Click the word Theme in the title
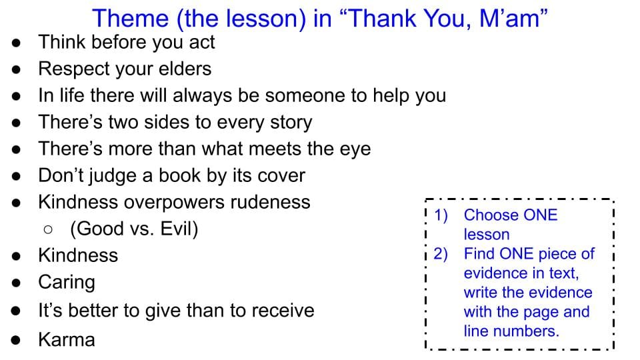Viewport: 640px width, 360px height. tap(130, 19)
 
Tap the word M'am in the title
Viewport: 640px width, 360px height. tap(513, 19)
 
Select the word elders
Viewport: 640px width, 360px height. tap(185, 69)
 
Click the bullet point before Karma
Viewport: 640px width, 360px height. tap(16, 340)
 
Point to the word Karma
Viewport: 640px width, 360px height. tap(67, 339)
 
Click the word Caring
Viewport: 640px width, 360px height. tap(67, 283)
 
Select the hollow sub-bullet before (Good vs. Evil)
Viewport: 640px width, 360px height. tap(48, 229)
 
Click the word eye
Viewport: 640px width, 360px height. tap(355, 149)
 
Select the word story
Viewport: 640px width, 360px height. tap(291, 123)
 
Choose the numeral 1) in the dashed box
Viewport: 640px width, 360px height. tap(441, 215)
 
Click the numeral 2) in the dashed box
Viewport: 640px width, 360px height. tap(441, 254)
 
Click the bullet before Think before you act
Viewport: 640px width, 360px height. tap(16, 43)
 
